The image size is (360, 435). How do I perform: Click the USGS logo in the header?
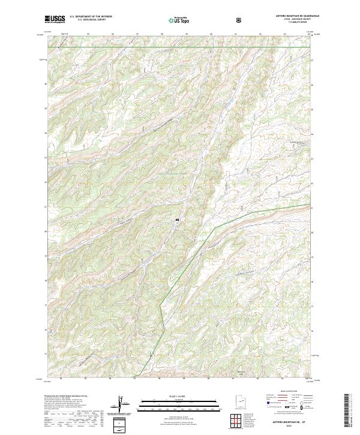tap(55, 19)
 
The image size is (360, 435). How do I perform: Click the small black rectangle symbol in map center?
tap(178, 220)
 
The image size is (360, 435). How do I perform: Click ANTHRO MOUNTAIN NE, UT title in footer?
tap(288, 422)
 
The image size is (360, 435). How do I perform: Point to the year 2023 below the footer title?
tap(288, 427)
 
